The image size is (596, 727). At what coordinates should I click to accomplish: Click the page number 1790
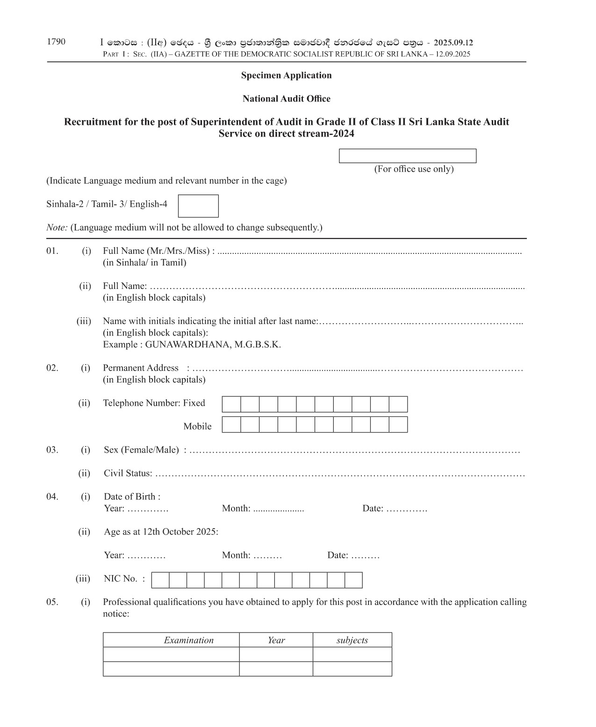56,42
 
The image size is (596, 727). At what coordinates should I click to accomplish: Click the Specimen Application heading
286,75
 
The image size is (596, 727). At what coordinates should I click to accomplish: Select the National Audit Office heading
286,99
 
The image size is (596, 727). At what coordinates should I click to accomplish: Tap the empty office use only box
407,156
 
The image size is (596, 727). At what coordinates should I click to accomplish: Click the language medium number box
198,206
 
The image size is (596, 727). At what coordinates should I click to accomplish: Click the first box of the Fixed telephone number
231,404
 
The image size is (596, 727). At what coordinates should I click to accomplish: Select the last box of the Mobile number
398,425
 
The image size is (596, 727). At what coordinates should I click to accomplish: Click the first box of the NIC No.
160,580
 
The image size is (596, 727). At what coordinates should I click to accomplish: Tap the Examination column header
188,640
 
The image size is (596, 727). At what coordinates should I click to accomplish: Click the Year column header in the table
276,640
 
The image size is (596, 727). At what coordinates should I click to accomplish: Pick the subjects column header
352,640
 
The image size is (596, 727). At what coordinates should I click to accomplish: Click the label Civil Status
128,473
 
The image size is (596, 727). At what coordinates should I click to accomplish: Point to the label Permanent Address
140,368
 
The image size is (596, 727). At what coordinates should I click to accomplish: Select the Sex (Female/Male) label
141,450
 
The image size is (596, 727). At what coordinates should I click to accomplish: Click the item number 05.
52,602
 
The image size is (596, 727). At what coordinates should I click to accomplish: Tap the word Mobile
197,426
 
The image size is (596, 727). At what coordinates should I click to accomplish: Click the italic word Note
57,228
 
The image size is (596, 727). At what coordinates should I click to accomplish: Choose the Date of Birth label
132,497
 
